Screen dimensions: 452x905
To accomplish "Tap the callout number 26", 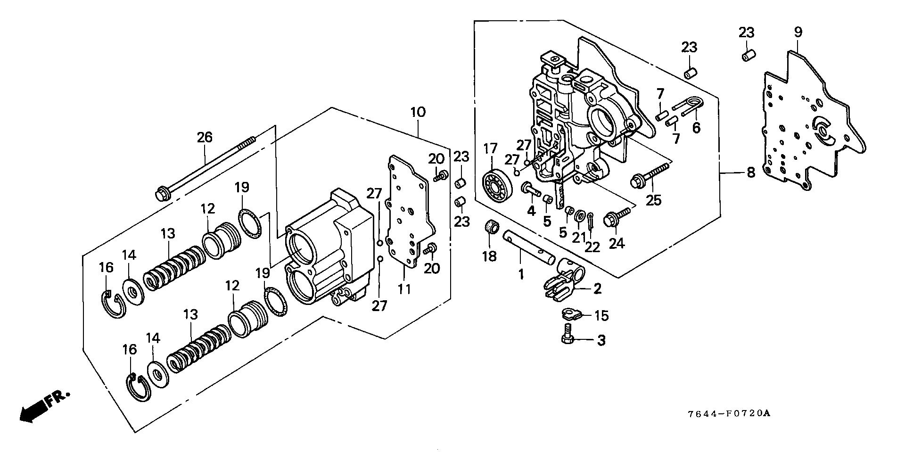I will (205, 137).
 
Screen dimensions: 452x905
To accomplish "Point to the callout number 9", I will (798, 33).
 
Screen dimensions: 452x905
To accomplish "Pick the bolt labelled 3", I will (568, 333).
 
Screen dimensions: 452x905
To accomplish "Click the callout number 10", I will (418, 112).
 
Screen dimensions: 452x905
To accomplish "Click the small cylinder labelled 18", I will (492, 228).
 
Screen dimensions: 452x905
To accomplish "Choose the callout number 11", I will (403, 289).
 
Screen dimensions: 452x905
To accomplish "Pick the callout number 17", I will (491, 149).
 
